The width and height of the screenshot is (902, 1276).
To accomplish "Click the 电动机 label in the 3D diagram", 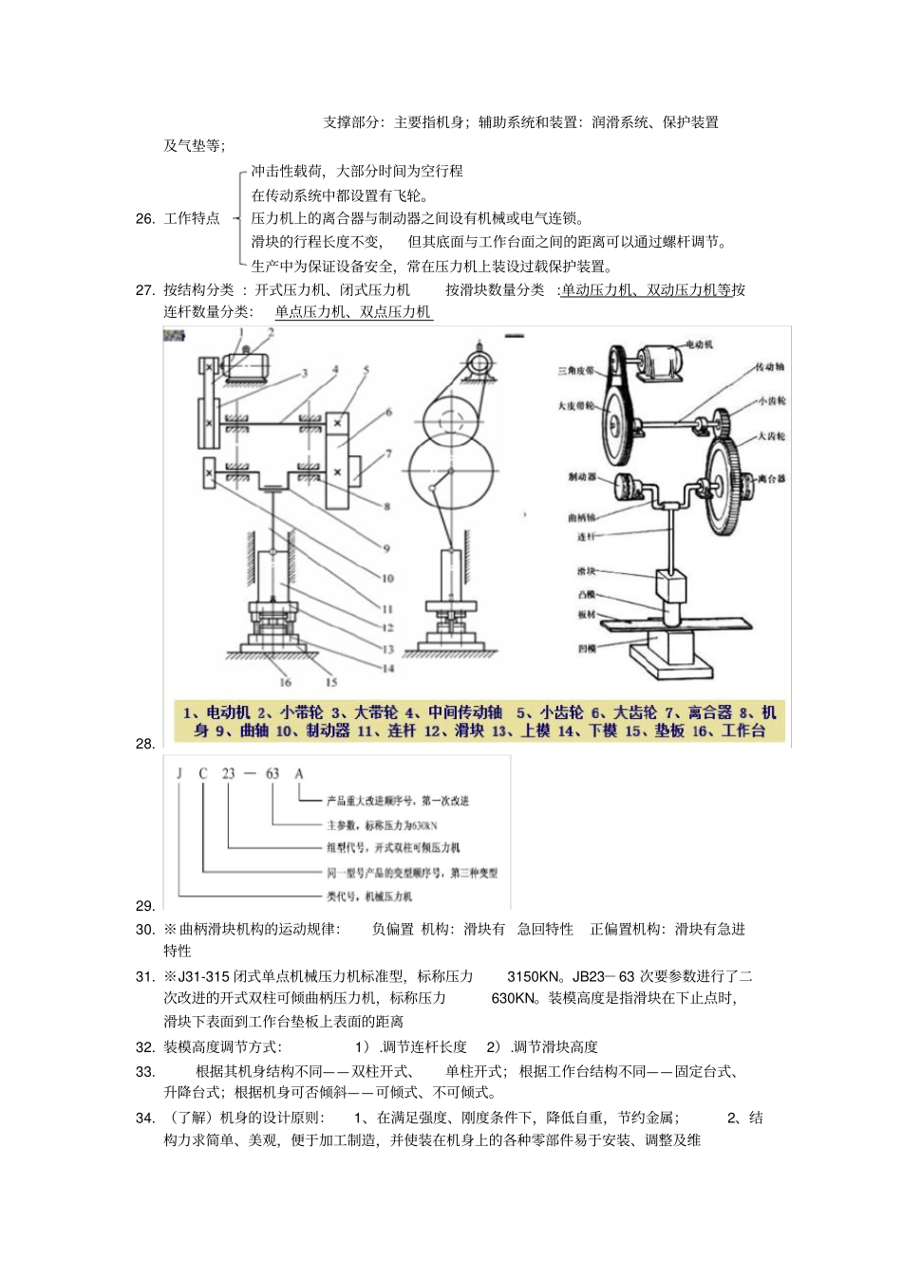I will [x=698, y=345].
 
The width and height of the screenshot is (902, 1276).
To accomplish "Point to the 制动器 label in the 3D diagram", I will [x=581, y=476].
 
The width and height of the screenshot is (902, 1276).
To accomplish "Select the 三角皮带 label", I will [x=575, y=370].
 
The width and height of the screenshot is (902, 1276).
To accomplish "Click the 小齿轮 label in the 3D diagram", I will [x=771, y=401].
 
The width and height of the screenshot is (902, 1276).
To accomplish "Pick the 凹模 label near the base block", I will [x=586, y=648].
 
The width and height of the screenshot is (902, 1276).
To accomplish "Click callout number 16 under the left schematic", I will [x=285, y=682].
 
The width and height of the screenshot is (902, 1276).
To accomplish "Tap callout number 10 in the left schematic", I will [x=387, y=578].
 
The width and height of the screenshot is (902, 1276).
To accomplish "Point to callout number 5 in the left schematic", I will [x=366, y=371].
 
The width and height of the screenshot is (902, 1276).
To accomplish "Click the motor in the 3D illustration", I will [x=664, y=362].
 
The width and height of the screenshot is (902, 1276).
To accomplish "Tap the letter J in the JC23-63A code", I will [x=179, y=773].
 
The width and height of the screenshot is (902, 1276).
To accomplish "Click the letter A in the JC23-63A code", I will [x=299, y=773].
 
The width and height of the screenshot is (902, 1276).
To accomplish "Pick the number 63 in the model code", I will [x=272, y=773].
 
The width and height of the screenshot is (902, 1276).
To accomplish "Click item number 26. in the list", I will [x=145, y=219].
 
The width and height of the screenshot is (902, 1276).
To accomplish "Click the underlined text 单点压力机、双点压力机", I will [x=353, y=312].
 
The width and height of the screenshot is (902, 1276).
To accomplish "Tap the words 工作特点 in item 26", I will [x=192, y=219].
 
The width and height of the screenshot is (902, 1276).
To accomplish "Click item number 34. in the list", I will [x=145, y=1118].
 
